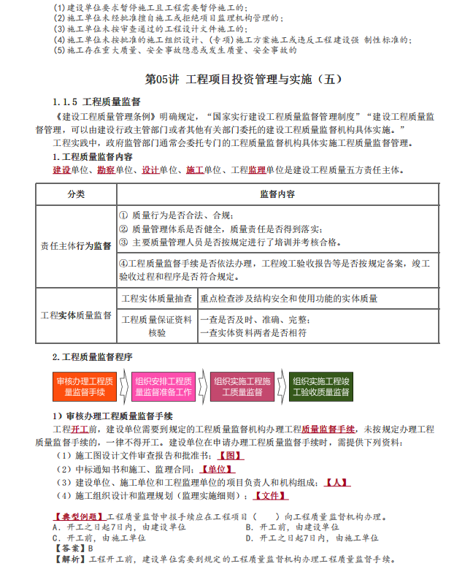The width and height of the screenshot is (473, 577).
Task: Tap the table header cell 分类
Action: tap(76, 194)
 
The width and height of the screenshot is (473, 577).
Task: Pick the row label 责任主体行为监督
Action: tap(76, 246)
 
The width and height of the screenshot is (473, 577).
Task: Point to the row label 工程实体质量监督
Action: tap(76, 315)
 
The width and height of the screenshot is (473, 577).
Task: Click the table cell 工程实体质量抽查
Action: tap(156, 298)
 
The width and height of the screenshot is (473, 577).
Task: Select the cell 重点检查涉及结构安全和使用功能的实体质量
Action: tap(289, 298)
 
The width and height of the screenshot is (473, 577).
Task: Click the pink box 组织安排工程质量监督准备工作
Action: tap(164, 387)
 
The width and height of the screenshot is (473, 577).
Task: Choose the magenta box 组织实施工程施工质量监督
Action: tap(242, 387)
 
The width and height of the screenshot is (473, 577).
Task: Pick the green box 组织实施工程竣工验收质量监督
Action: tap(321, 387)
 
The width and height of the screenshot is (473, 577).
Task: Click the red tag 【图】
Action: tap(230, 455)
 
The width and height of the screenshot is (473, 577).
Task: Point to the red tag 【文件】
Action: tap(270, 497)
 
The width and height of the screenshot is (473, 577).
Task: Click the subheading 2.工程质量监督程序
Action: tap(92, 357)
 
